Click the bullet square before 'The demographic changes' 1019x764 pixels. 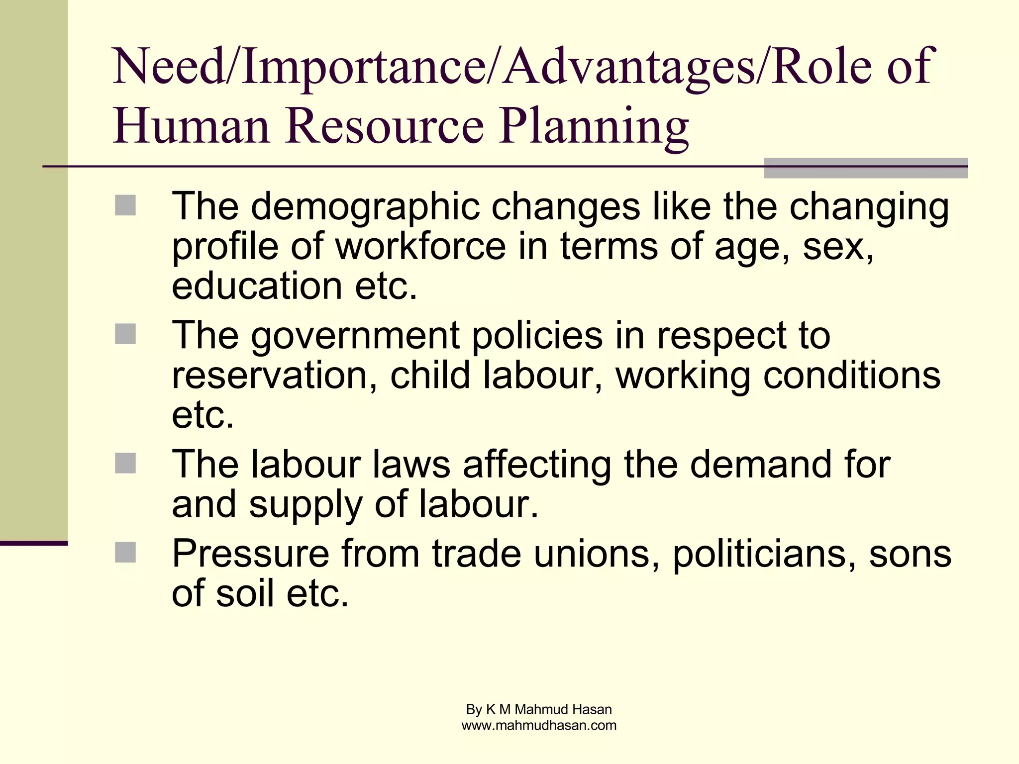[125, 205]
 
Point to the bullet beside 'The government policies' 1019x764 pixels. [125, 334]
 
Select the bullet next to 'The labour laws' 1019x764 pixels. [125, 463]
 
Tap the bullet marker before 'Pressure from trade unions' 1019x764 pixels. [125, 552]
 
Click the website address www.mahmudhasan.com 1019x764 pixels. [539, 726]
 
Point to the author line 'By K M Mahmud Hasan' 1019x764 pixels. [539, 709]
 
